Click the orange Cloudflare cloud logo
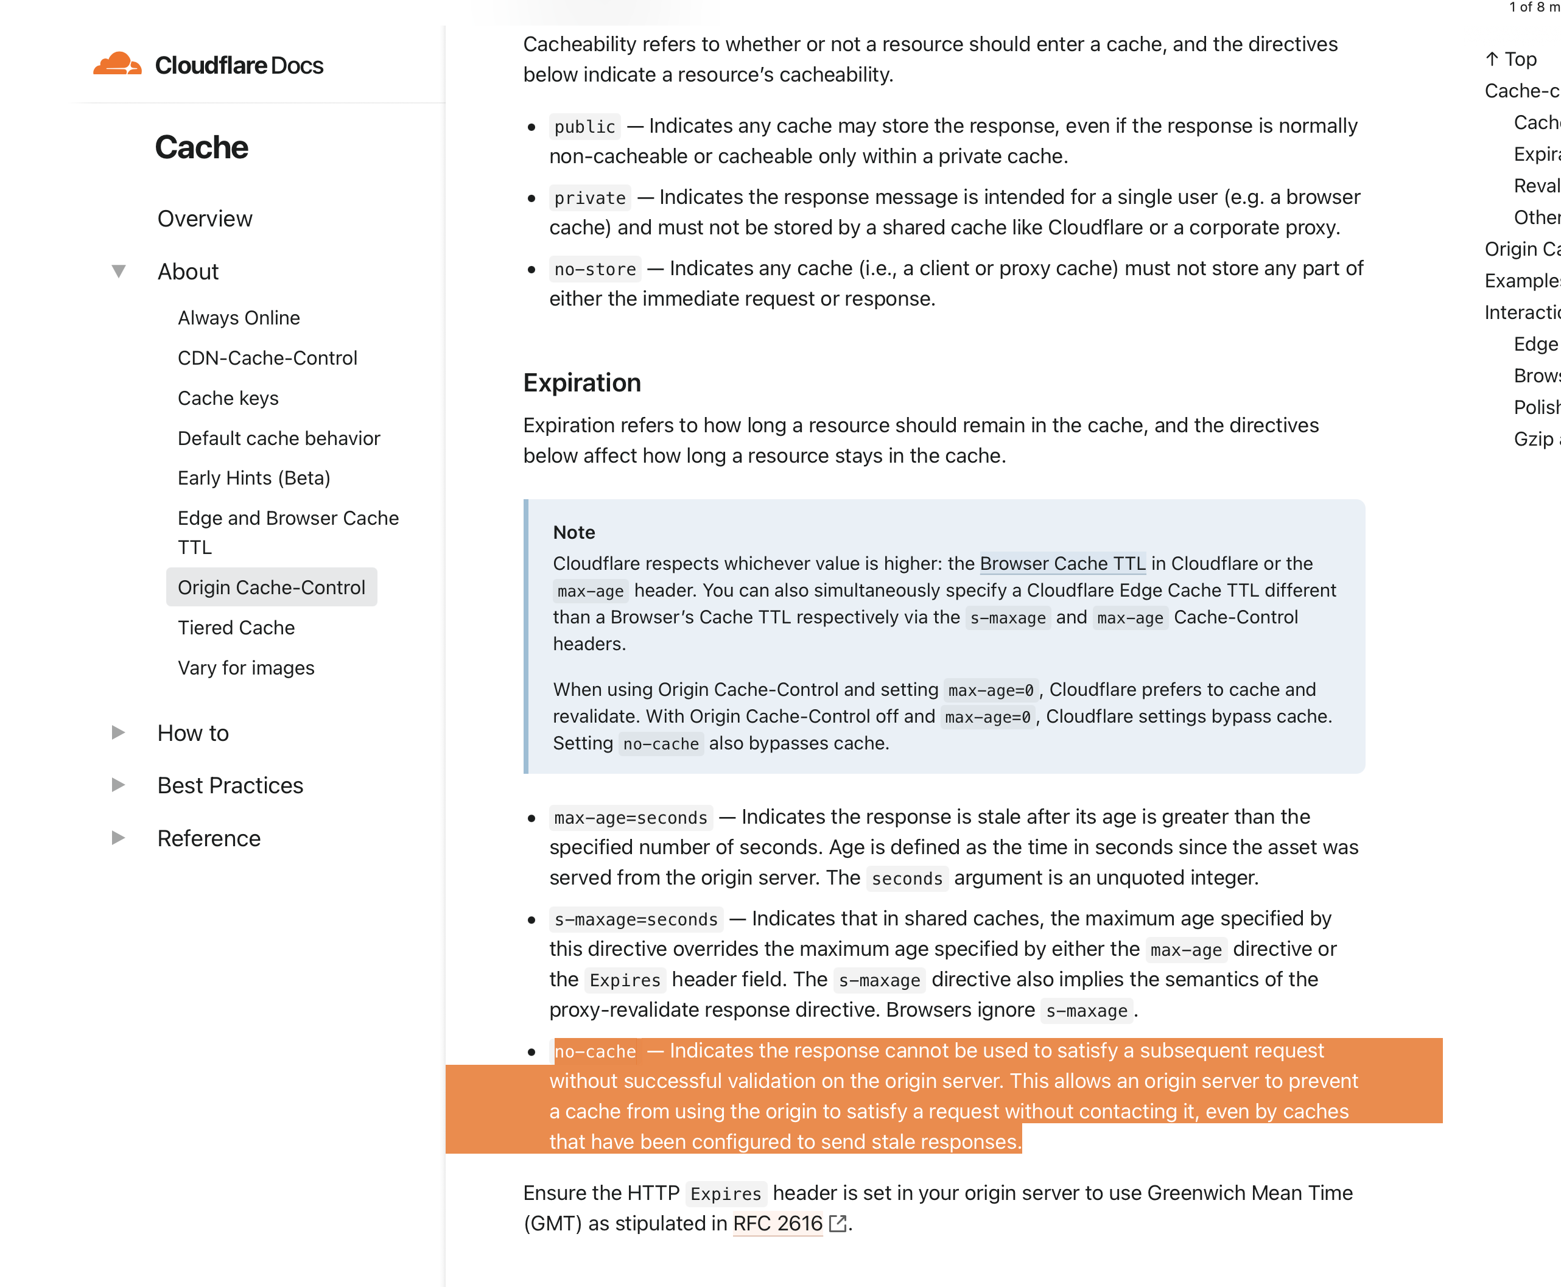coord(116,64)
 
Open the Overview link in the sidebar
coord(205,219)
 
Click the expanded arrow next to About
coord(119,272)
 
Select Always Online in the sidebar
coord(239,318)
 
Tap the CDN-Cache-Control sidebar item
coord(267,358)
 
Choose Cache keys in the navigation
coord(228,398)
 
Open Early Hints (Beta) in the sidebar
coord(253,478)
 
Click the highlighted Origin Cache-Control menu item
coord(272,587)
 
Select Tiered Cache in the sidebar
coord(236,628)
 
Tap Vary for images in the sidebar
coord(245,668)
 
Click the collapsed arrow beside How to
coord(118,732)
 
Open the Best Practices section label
coord(230,785)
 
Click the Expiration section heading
coord(582,382)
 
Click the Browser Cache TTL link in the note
coord(1062,563)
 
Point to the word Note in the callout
coord(574,532)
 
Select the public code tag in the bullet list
coord(584,127)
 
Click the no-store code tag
coord(594,269)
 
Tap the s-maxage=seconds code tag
coord(635,919)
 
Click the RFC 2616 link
coord(777,1223)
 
